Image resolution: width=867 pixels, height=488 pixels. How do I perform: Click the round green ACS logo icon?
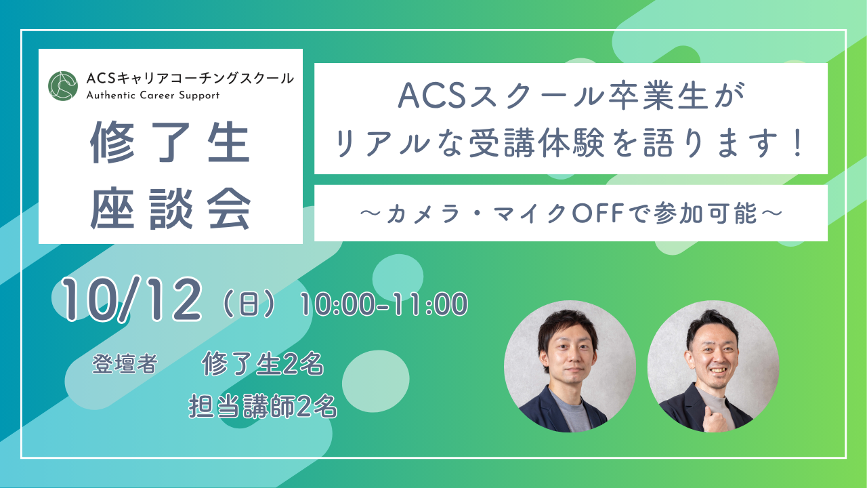pyautogui.click(x=63, y=85)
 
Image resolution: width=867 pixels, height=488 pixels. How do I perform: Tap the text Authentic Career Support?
pyautogui.click(x=153, y=96)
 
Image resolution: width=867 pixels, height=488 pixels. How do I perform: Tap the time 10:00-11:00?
pyautogui.click(x=384, y=304)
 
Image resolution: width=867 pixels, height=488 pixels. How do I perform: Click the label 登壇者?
pyautogui.click(x=124, y=365)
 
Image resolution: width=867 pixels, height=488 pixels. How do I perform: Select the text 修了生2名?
pyautogui.click(x=262, y=365)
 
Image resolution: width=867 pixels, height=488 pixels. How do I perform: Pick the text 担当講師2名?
pyautogui.click(x=263, y=406)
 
